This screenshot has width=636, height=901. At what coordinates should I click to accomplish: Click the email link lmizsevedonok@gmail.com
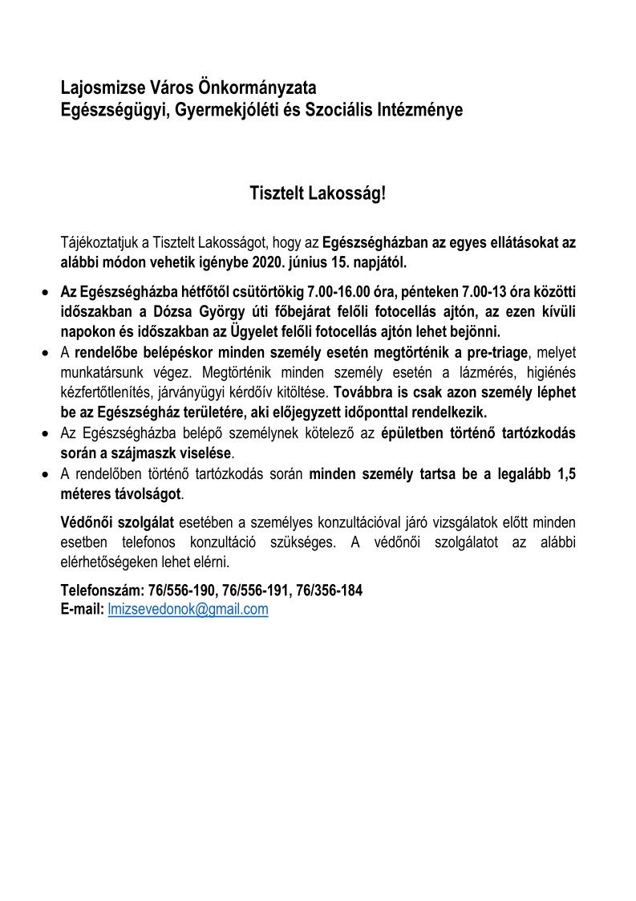pyautogui.click(x=188, y=609)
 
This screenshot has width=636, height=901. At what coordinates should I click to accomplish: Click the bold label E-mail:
pyautogui.click(x=83, y=609)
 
